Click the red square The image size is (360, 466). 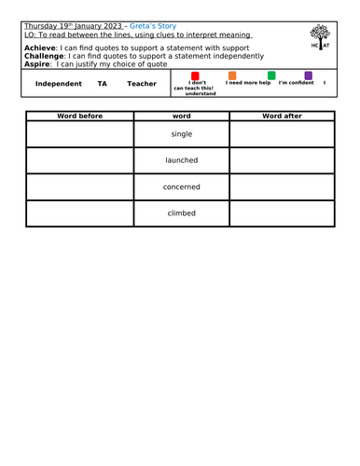194,75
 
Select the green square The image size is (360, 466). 271,75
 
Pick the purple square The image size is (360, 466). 308,75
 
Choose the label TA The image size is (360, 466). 102,84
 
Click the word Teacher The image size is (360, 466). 142,84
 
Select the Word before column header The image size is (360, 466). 79,116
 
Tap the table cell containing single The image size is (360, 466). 181,134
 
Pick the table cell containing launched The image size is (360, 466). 181,160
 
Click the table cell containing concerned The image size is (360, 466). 181,186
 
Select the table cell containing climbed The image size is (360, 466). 181,212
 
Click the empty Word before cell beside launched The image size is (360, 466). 79,160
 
